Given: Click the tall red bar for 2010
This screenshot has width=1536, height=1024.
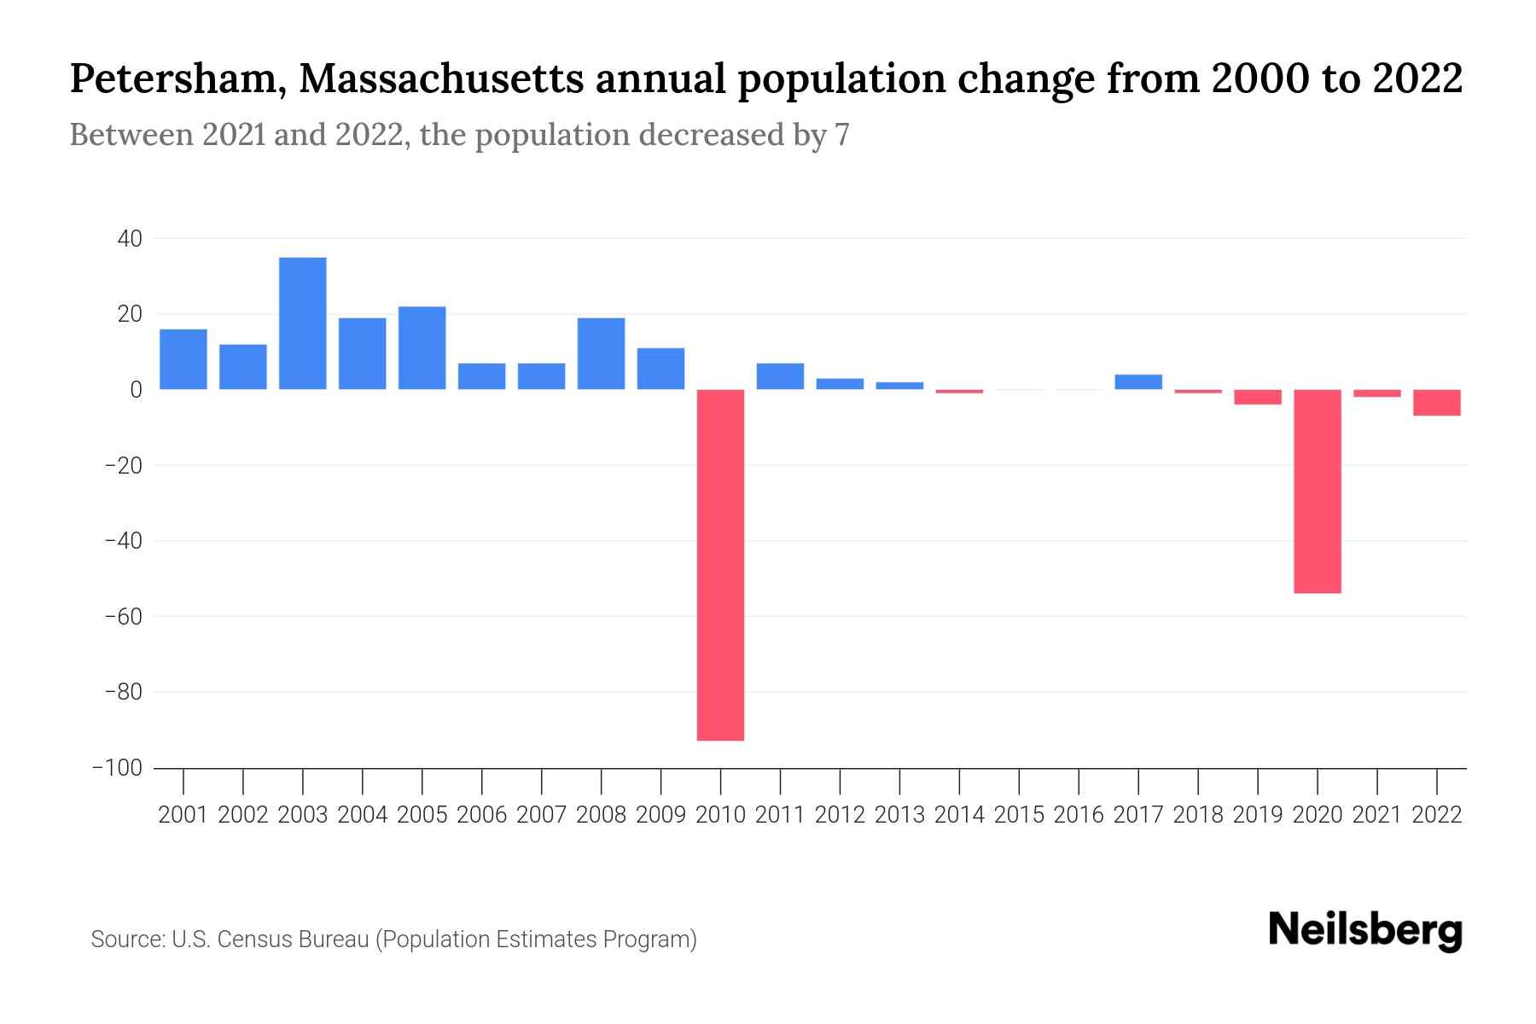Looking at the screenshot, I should pos(720,565).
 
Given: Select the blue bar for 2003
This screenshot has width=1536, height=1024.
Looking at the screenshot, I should pos(303,323).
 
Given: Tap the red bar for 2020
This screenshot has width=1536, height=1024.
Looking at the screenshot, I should pos(1318,492).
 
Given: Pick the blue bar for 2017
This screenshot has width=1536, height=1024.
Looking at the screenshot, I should pos(1138,382).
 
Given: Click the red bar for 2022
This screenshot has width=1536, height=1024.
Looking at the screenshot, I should pos(1437,403).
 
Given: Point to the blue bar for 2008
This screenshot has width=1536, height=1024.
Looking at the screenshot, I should pos(602,353).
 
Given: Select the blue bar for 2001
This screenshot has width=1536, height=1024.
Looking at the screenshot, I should pos(183,359).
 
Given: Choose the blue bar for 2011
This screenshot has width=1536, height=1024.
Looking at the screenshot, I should pos(780,376).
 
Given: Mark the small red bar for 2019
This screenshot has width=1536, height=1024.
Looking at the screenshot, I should pos(1258,397).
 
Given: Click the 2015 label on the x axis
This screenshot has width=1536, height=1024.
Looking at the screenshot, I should pos(1019,815).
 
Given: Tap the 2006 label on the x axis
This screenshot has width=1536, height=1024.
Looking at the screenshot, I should pos(482,815).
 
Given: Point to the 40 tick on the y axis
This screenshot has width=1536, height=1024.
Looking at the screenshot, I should pos(130,239).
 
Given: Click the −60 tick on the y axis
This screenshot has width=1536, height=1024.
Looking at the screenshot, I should pos(122,616).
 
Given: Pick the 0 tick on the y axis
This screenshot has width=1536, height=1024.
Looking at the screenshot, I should pos(135,390).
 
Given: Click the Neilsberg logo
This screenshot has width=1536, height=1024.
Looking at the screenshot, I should pos(1365,930).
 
